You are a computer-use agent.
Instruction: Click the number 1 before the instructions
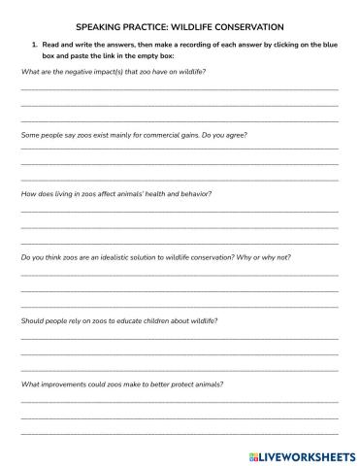[x=34, y=47]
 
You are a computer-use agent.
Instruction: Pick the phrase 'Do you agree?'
[x=223, y=135]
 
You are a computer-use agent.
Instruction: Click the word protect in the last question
[x=179, y=384]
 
